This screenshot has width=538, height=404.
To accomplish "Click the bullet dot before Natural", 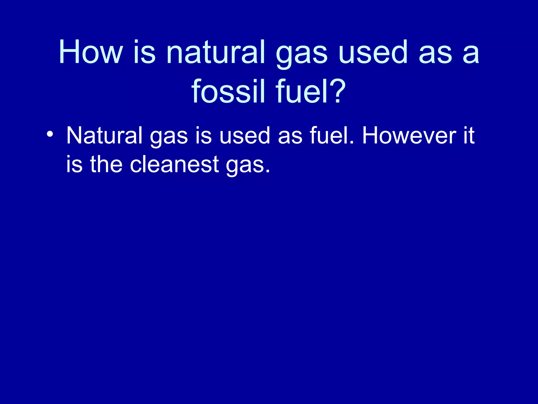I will point(50,135).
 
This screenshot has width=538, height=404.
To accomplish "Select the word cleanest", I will point(174,164).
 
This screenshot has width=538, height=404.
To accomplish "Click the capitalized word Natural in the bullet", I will point(104,136).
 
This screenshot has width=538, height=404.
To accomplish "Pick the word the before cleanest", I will point(106,164).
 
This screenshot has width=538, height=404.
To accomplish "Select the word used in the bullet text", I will point(245,136).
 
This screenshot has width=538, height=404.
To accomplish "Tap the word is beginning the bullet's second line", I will point(74,164).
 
